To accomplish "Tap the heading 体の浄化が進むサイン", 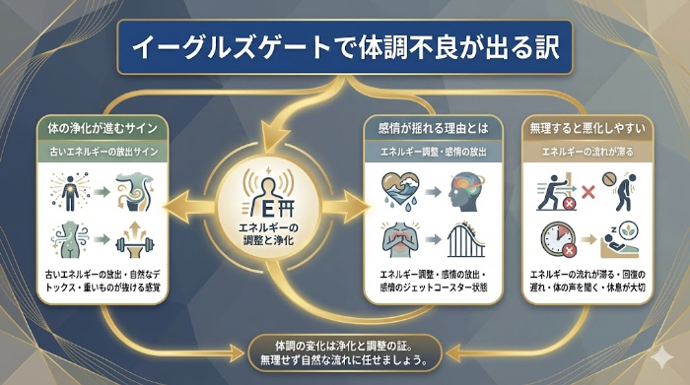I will tap(99, 128).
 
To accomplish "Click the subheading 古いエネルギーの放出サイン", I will tap(99, 152).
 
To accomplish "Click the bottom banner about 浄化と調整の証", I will tap(344, 353).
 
